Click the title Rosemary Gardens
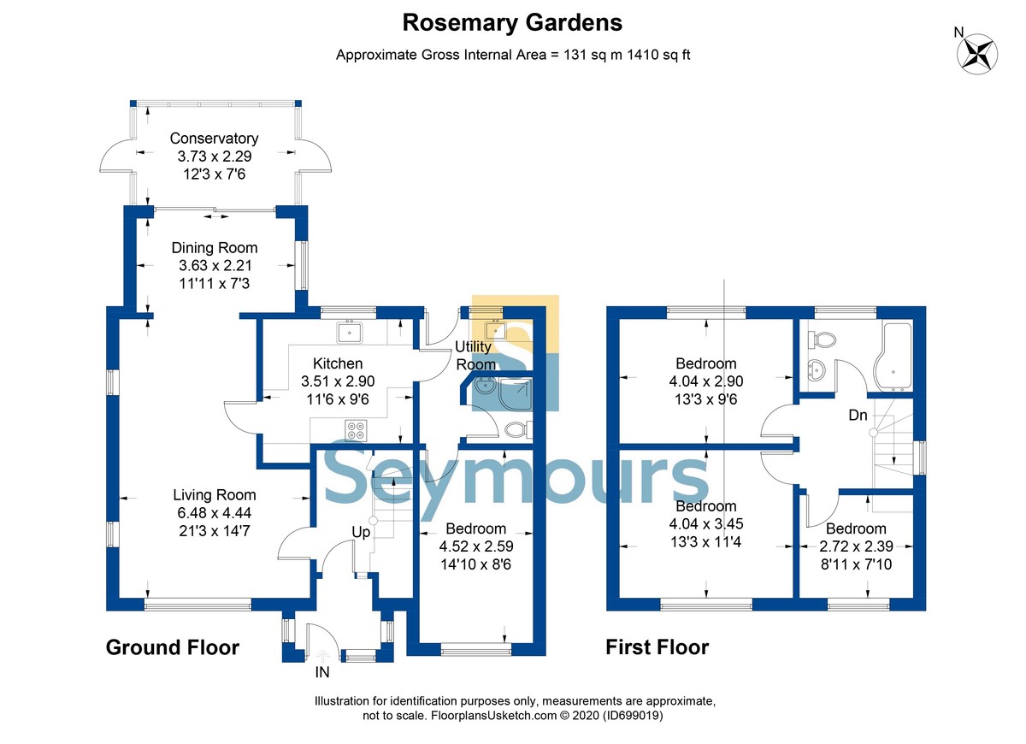512,22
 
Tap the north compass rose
977,52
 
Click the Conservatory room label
214,139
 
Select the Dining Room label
214,248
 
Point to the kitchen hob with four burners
356,430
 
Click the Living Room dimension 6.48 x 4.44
214,513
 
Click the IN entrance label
322,672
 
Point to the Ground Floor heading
172,647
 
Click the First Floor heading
657,647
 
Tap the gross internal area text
512,55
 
